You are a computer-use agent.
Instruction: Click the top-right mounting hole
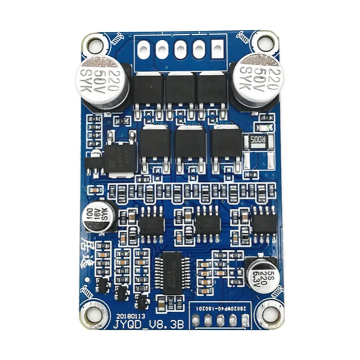(x=265, y=44)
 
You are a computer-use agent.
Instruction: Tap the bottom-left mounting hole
(x=94, y=315)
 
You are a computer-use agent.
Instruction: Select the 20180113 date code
(x=131, y=316)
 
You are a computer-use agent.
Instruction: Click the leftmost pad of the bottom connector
(x=195, y=320)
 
